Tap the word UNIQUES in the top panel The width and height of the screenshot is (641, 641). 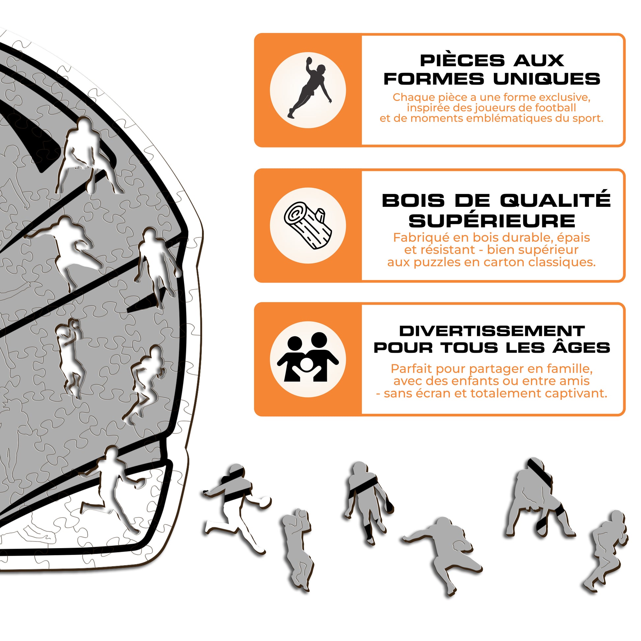point(546,79)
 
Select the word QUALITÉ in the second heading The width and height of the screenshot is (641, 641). point(555,200)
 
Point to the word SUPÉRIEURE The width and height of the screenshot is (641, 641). point(492,221)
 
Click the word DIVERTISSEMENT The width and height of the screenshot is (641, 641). point(492,331)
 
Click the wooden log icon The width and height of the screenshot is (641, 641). point(308,226)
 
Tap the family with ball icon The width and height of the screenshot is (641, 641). point(308,357)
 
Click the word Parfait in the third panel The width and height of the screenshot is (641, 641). point(412,369)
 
